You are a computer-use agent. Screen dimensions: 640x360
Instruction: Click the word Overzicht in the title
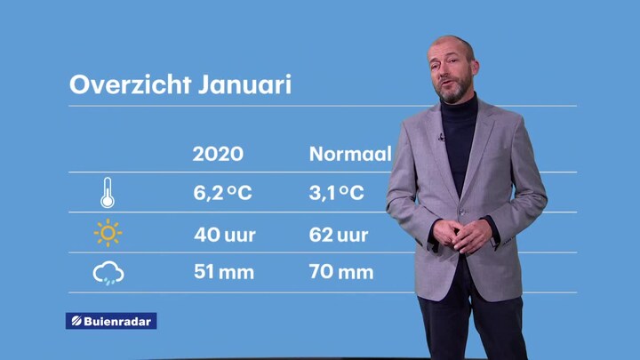130,84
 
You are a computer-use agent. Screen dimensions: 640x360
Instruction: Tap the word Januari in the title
245,84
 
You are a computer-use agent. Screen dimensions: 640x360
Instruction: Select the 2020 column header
218,154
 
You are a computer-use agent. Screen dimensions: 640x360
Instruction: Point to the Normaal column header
350,154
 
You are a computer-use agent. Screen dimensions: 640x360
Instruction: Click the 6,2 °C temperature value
222,193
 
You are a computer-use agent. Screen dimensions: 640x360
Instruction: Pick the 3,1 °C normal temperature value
336,193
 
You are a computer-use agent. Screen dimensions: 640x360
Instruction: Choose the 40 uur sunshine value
225,235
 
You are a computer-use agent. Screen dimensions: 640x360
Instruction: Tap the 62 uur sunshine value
339,235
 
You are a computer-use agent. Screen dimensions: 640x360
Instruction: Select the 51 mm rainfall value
224,272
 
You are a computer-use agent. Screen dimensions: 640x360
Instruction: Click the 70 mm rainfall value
341,272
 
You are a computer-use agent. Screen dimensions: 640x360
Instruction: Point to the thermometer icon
108,193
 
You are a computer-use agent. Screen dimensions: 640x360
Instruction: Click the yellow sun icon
108,233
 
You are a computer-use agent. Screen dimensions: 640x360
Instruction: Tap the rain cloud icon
108,273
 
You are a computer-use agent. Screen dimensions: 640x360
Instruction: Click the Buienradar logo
111,321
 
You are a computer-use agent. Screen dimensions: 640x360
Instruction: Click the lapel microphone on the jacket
441,137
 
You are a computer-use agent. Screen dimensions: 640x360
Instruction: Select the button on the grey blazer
462,212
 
